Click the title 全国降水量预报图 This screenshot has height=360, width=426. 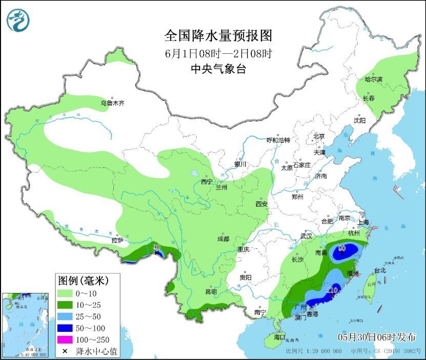pyautogui.click(x=218, y=36)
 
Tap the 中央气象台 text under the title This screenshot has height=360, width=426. pyautogui.click(x=218, y=69)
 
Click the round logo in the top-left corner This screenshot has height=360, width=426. pyautogui.click(x=18, y=20)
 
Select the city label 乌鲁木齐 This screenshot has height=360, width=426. pyautogui.click(x=112, y=103)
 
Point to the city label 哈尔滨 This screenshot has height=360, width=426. pyautogui.click(x=373, y=79)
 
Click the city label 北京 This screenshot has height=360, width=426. pyautogui.click(x=319, y=136)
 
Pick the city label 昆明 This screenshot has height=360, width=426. pyautogui.click(x=211, y=292)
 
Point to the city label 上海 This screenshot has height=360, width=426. pyautogui.click(x=363, y=222)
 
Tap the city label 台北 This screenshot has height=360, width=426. pyautogui.click(x=379, y=270)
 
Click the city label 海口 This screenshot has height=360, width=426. pyautogui.click(x=279, y=338)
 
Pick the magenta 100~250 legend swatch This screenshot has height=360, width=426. pyautogui.click(x=65, y=340)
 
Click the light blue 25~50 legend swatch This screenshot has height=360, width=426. pyautogui.click(x=65, y=316)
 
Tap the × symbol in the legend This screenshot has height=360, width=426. pyautogui.click(x=65, y=351)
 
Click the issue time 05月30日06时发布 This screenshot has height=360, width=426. pyautogui.click(x=377, y=336)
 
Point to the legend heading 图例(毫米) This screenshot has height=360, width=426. pyautogui.click(x=82, y=281)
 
